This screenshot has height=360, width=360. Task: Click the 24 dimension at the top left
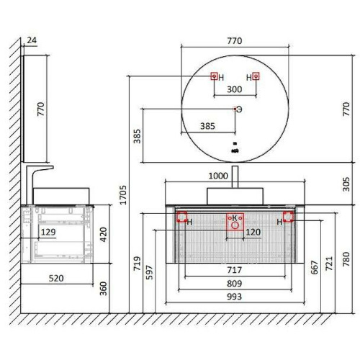32,40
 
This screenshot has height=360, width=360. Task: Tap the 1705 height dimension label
123,195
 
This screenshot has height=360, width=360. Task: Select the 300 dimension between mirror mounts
235,89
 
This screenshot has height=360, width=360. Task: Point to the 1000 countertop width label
218,176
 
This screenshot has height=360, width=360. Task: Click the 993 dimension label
235,297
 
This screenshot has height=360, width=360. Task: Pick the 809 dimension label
235,284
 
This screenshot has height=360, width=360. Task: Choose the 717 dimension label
235,270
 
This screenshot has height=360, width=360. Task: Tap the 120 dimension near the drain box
253,232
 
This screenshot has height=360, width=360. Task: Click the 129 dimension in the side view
48,232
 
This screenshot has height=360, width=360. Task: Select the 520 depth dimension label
56,279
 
